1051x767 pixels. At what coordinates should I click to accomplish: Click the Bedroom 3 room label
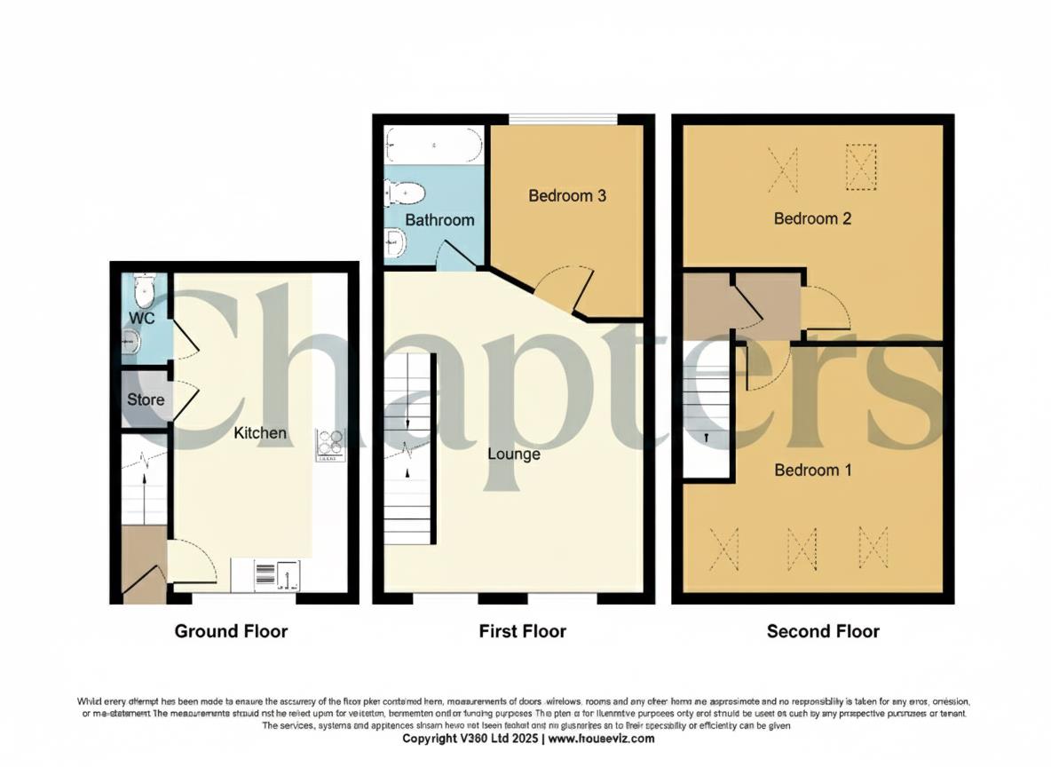[566, 195]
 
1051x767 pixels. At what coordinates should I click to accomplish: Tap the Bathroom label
[439, 219]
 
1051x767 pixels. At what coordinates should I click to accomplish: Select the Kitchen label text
[260, 432]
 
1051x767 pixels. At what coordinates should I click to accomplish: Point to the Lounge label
[513, 454]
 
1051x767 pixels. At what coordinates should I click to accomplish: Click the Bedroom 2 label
[812, 217]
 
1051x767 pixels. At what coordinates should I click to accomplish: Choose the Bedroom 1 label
[812, 470]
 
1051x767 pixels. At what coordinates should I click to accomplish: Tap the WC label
[142, 317]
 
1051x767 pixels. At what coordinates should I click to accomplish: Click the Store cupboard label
[146, 399]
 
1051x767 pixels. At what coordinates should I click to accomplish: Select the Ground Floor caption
[231, 631]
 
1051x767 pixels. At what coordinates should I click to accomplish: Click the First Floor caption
[522, 631]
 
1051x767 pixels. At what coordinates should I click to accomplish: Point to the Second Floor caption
[823, 631]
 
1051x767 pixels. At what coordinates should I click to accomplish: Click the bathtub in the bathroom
[434, 145]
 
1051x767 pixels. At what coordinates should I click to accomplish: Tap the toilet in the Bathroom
[405, 191]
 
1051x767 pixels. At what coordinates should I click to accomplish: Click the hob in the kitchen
[330, 445]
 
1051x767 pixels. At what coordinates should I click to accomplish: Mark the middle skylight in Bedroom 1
[802, 548]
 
